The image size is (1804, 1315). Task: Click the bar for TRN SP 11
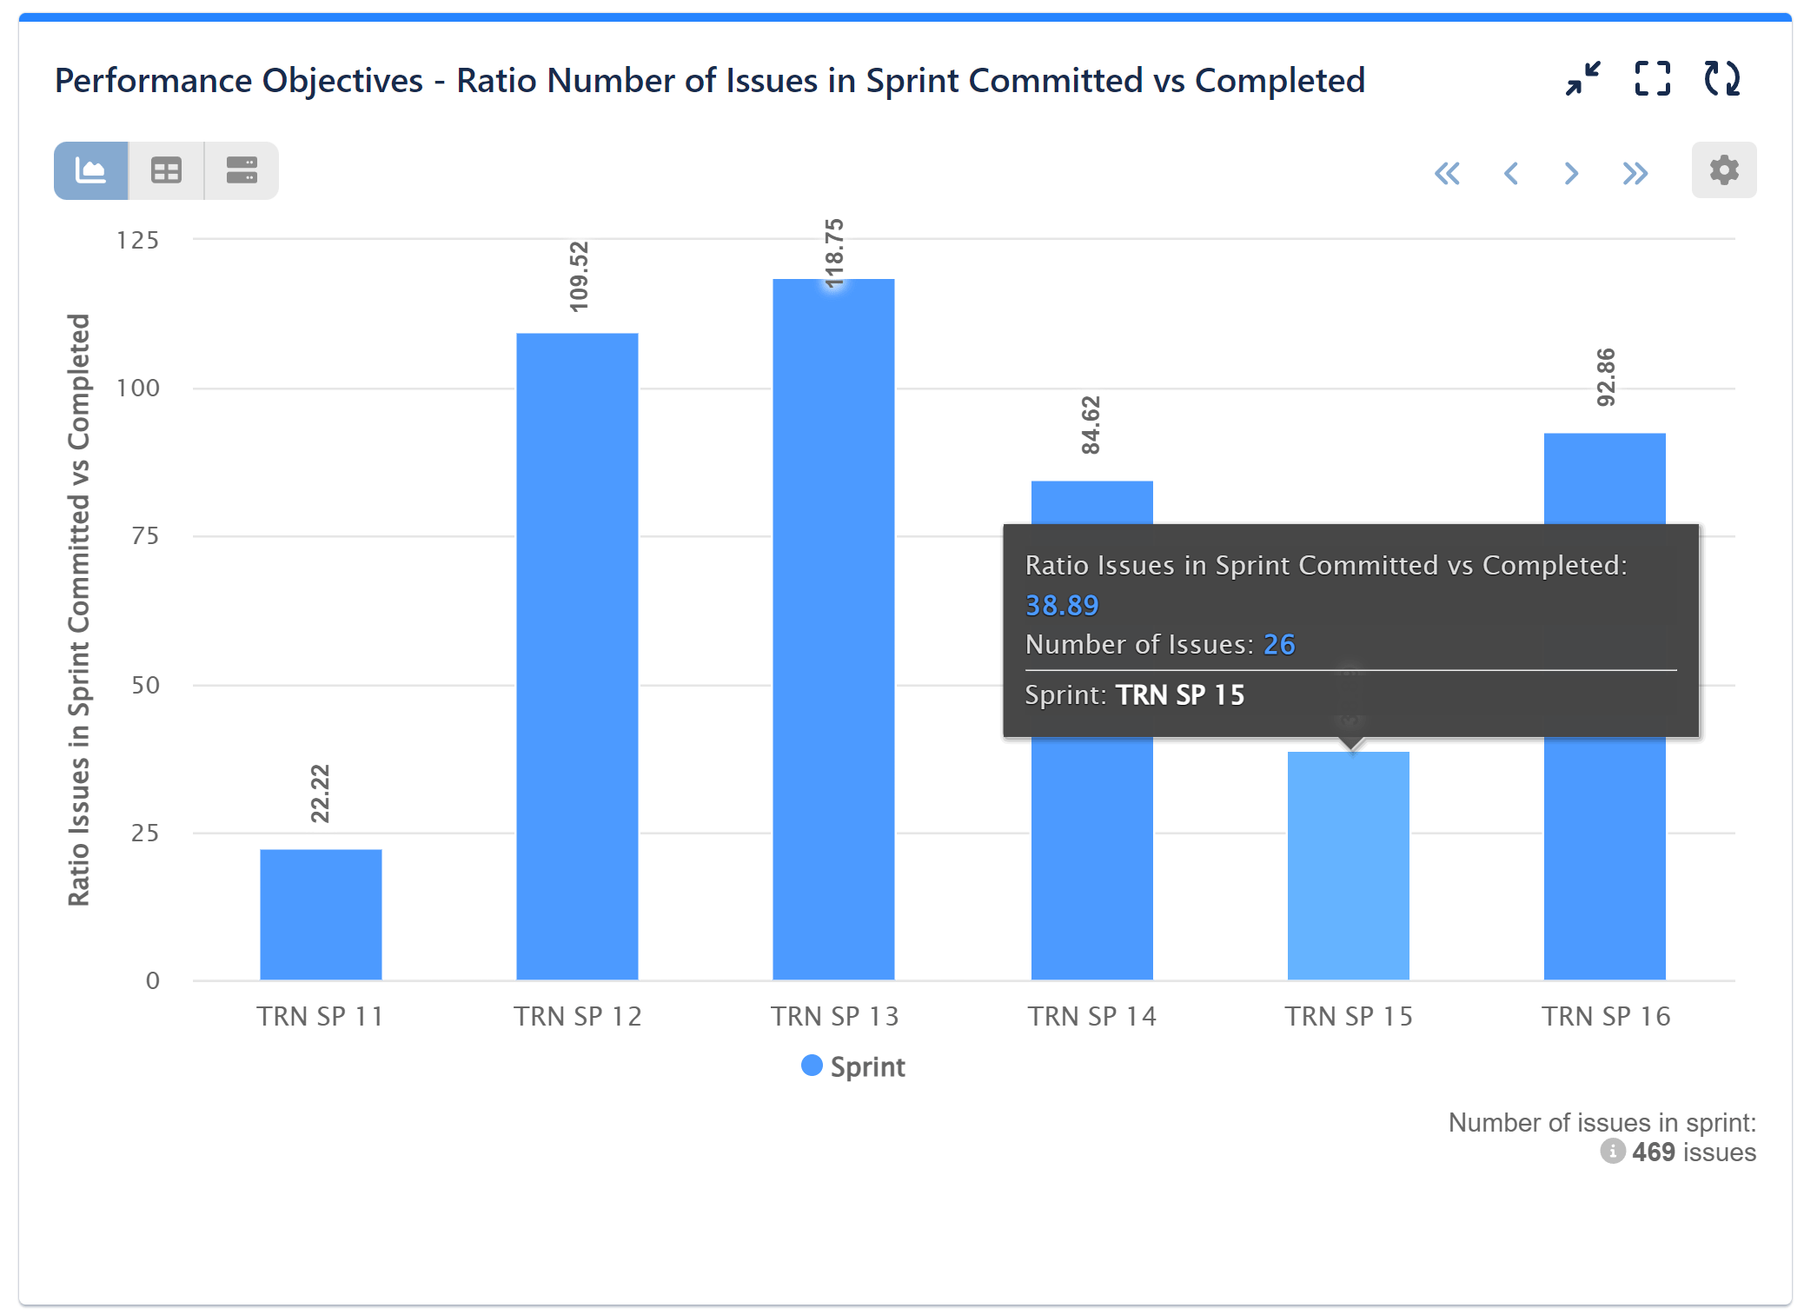point(321,914)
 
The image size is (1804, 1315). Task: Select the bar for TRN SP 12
point(577,656)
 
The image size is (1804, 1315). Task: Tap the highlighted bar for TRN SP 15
point(1348,865)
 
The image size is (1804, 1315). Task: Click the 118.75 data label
point(834,254)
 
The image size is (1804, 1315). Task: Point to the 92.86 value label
point(1606,377)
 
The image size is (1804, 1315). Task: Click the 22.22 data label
point(321,794)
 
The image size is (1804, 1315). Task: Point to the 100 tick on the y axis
point(138,388)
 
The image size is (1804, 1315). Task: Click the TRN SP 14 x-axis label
point(1092,1016)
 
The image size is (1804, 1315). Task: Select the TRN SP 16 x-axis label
point(1606,1016)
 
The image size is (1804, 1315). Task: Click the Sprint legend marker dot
point(812,1066)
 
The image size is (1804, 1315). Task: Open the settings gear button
point(1723,170)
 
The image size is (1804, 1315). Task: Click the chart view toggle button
point(91,170)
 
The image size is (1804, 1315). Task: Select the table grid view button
point(166,170)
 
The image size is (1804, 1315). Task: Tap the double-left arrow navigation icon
point(1447,174)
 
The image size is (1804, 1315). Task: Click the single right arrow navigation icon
point(1570,174)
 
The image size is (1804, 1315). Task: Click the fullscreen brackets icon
point(1652,79)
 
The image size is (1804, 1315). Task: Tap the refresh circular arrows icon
point(1721,79)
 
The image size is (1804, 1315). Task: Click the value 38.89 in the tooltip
point(1062,605)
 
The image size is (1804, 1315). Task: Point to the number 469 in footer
point(1653,1152)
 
